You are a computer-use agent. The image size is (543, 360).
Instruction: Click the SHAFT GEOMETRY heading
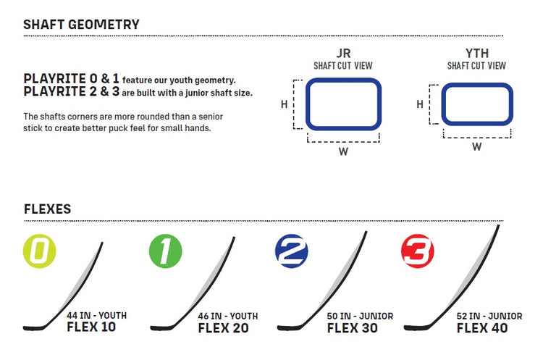tap(81, 25)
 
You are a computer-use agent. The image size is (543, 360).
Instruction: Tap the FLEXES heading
tap(48, 209)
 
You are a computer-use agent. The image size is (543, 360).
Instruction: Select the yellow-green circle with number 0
tap(40, 251)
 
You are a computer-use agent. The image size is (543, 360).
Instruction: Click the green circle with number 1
tap(166, 251)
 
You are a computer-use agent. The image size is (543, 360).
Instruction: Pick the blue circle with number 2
tap(292, 251)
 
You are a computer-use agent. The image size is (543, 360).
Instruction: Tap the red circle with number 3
tap(418, 251)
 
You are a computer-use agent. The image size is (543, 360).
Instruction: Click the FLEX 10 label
tap(91, 327)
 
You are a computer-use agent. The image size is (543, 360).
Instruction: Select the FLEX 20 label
tap(224, 328)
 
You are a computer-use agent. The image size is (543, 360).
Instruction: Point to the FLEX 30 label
tap(352, 328)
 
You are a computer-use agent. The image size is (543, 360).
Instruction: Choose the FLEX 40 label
tap(482, 328)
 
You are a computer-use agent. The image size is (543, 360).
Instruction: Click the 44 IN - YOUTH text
tap(96, 316)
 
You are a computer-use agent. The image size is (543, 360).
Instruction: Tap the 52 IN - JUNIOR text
tap(489, 316)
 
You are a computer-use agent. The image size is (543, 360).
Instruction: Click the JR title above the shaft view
tap(343, 54)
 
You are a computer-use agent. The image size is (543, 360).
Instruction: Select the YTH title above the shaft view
tap(477, 54)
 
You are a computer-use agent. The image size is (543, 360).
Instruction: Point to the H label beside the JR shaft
tap(284, 104)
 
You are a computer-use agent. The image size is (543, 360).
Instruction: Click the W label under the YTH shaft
tap(477, 146)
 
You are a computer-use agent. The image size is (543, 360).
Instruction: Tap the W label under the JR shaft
tap(343, 151)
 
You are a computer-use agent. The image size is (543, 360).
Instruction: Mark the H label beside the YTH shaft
tap(420, 104)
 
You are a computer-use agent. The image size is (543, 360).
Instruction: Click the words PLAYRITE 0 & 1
tap(72, 79)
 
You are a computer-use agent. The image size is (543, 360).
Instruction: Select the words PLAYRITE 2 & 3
tap(72, 91)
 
